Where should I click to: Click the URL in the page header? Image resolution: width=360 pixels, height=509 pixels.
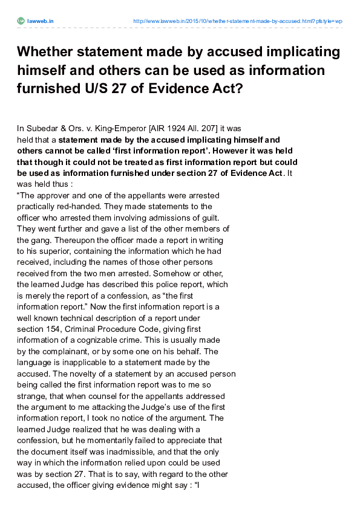pos(237,21)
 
